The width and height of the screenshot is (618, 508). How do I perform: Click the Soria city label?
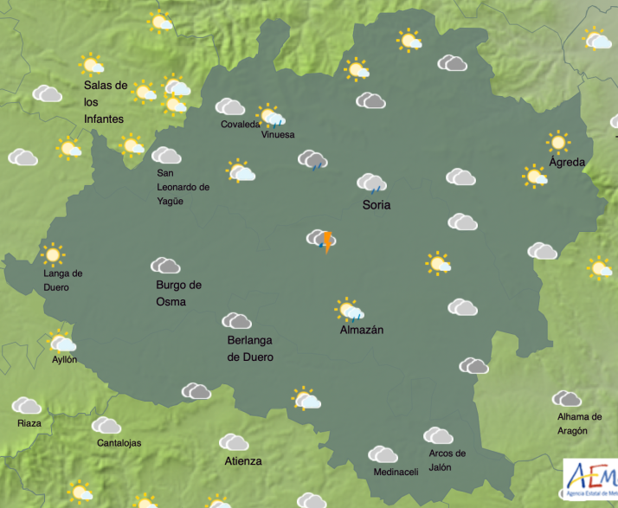[376, 205]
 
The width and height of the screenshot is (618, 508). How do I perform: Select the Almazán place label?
[362, 330]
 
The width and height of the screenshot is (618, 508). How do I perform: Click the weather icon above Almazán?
[350, 309]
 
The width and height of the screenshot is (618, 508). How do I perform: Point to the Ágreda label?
[567, 162]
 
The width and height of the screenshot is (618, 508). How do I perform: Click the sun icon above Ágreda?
[558, 142]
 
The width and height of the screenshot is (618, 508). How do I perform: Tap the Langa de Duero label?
[63, 280]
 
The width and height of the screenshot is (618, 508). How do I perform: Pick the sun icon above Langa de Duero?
[53, 254]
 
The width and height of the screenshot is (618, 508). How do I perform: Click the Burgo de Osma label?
[178, 293]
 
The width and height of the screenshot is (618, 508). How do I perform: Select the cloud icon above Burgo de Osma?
[164, 265]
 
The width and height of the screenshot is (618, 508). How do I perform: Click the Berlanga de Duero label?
[250, 349]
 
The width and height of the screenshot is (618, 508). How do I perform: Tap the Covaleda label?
[239, 125]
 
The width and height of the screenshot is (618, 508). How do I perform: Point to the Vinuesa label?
[277, 135]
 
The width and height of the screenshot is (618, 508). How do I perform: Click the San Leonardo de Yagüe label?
[183, 187]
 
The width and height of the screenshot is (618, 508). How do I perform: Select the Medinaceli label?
[396, 472]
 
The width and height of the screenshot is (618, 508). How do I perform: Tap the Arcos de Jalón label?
[447, 460]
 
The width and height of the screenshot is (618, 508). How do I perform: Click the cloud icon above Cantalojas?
[106, 425]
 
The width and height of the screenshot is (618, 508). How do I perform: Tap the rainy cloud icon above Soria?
[371, 183]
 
